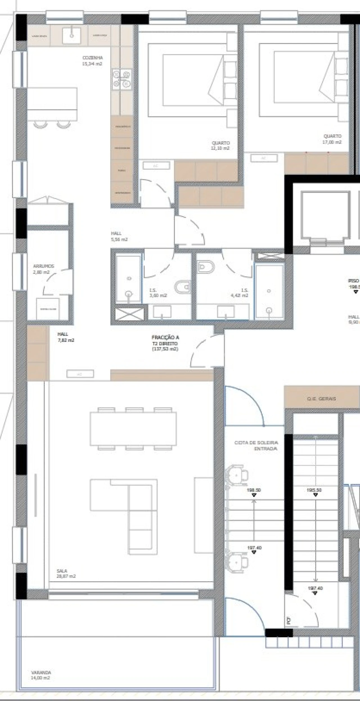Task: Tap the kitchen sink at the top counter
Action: (x=72, y=35)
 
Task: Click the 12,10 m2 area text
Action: (x=220, y=148)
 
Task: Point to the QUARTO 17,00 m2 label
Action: (x=332, y=139)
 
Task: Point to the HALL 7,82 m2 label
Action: (x=66, y=337)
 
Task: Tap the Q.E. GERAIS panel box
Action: (x=322, y=398)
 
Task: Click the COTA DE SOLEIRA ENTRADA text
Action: (x=256, y=446)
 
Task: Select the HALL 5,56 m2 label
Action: (x=119, y=236)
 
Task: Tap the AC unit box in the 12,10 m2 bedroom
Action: (x=156, y=165)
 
